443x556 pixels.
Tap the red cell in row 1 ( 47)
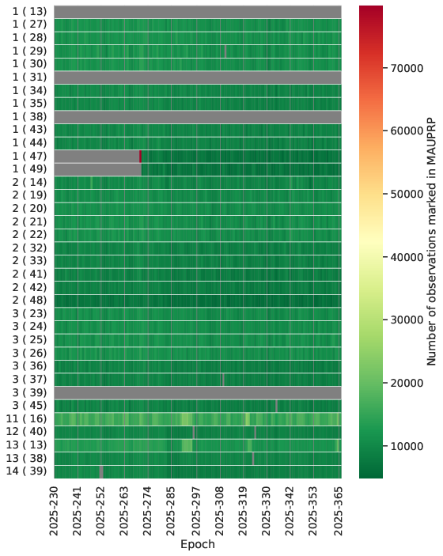click(x=141, y=157)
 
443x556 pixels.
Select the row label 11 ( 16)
click(x=26, y=418)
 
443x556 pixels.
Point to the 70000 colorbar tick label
click(x=407, y=68)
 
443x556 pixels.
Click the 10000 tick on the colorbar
click(x=384, y=446)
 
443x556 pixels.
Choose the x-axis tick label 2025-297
click(x=195, y=511)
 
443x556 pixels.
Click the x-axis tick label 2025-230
click(x=54, y=511)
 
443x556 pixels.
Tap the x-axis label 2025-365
click(x=338, y=511)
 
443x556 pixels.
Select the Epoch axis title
click(x=198, y=544)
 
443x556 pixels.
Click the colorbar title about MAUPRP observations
click(x=431, y=241)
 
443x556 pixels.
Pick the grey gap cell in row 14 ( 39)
click(x=101, y=471)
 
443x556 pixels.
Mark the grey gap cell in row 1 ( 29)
click(x=225, y=51)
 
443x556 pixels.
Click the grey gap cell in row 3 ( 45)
click(x=277, y=406)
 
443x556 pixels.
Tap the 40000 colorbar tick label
click(x=407, y=257)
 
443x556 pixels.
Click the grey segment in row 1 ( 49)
click(x=98, y=169)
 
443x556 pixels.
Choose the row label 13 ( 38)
click(x=26, y=458)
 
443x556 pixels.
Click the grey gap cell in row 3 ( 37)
click(x=223, y=380)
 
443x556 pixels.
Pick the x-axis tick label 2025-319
click(x=243, y=511)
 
